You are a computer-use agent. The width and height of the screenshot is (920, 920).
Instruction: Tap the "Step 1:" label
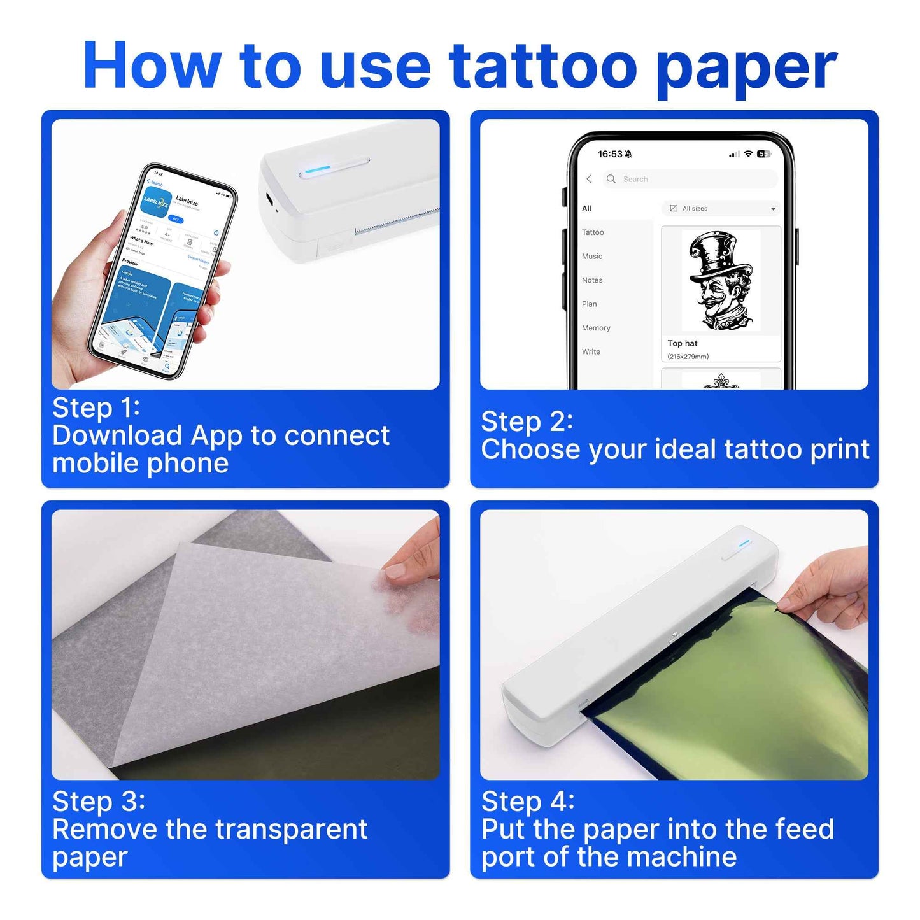click(96, 408)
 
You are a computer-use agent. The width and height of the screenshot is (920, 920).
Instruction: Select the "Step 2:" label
click(527, 421)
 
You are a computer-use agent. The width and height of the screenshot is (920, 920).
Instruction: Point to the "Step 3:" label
click(99, 802)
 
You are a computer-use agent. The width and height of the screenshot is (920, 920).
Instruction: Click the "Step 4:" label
click(528, 802)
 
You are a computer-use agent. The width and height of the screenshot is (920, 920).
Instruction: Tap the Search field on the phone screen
click(691, 180)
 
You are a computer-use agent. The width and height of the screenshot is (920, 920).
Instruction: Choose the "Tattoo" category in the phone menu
click(593, 232)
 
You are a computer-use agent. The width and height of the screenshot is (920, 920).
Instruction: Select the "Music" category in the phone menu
click(592, 257)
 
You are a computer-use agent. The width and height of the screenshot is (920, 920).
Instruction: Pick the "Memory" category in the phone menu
click(596, 328)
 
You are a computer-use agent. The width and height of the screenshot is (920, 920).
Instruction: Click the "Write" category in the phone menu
click(591, 352)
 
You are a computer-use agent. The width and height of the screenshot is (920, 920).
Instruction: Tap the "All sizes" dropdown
click(721, 209)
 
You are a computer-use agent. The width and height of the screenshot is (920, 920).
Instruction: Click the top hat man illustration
click(721, 280)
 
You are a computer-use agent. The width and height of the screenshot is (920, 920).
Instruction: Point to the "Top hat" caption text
click(683, 343)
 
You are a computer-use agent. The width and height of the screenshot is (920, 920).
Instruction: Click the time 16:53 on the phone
click(610, 154)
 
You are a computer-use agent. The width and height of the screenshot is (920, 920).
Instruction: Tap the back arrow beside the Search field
click(589, 180)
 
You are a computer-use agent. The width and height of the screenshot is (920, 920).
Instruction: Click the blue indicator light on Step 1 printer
click(317, 169)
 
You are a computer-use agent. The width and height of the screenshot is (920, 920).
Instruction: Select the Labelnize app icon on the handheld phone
click(155, 202)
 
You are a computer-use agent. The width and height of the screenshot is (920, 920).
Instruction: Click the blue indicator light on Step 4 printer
click(745, 543)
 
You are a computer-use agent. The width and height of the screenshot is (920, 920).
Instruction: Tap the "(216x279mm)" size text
click(688, 357)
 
